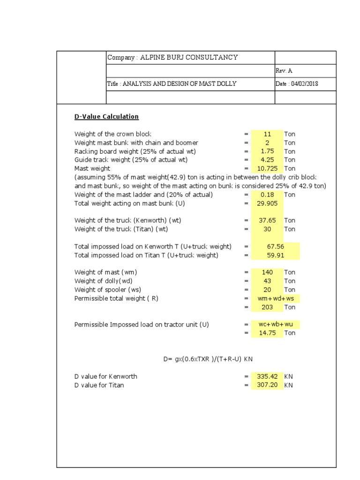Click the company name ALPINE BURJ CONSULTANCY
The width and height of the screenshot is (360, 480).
(172, 58)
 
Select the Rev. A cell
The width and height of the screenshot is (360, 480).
(284, 71)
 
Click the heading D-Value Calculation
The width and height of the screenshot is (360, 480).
(106, 116)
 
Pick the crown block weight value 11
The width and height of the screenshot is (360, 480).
(267, 134)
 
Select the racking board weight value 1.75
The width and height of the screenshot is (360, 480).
(267, 151)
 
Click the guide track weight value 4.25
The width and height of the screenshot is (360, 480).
(267, 160)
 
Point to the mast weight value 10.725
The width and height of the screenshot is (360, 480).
(267, 168)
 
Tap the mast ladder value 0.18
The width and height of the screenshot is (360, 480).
(267, 195)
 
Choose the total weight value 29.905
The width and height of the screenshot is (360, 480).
(267, 203)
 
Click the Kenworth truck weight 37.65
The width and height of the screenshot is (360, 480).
(267, 220)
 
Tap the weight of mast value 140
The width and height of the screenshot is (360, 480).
(267, 272)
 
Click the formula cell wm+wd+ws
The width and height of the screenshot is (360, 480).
(275, 299)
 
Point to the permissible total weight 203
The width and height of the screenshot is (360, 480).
(267, 307)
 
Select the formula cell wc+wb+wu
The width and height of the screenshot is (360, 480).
(275, 324)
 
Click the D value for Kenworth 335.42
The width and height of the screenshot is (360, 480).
(267, 376)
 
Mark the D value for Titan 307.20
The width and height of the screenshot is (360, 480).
(267, 385)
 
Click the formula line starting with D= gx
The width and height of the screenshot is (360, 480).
(208, 359)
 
